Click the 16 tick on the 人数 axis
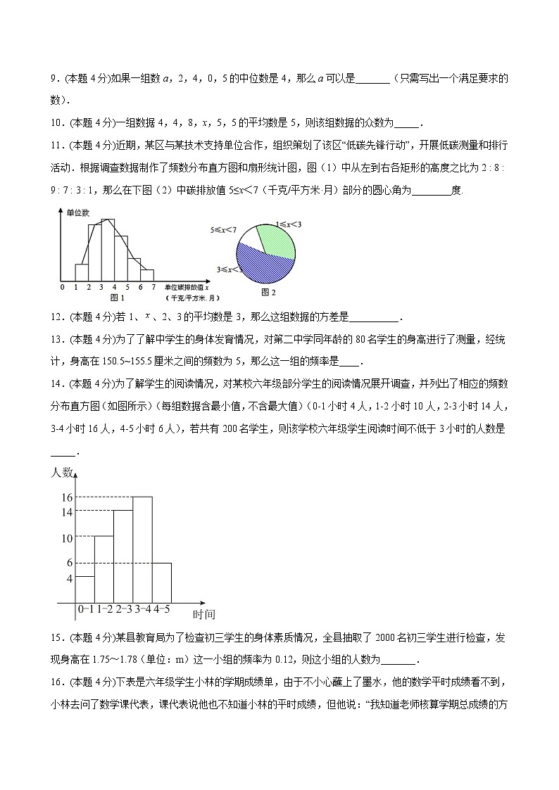(x=66, y=497)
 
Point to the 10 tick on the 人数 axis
(x=66, y=538)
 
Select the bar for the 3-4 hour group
(x=142, y=549)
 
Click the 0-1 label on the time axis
(x=85, y=609)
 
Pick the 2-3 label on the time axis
(x=123, y=609)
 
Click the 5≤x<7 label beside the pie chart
(x=222, y=229)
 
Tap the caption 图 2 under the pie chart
(x=267, y=291)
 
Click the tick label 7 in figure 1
(x=153, y=287)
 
